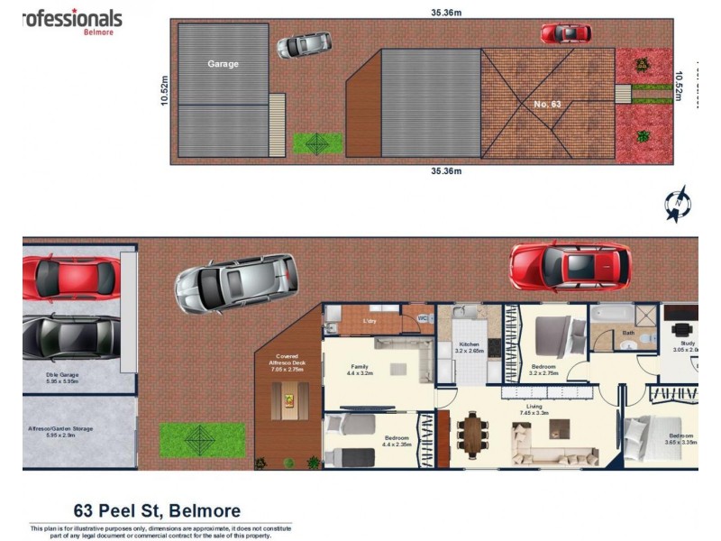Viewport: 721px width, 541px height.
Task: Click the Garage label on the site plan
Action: click(x=223, y=64)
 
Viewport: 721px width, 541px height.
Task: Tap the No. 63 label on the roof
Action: click(x=546, y=105)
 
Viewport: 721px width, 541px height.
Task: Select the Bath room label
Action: click(x=628, y=332)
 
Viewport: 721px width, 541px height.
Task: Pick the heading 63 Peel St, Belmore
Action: click(x=157, y=511)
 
